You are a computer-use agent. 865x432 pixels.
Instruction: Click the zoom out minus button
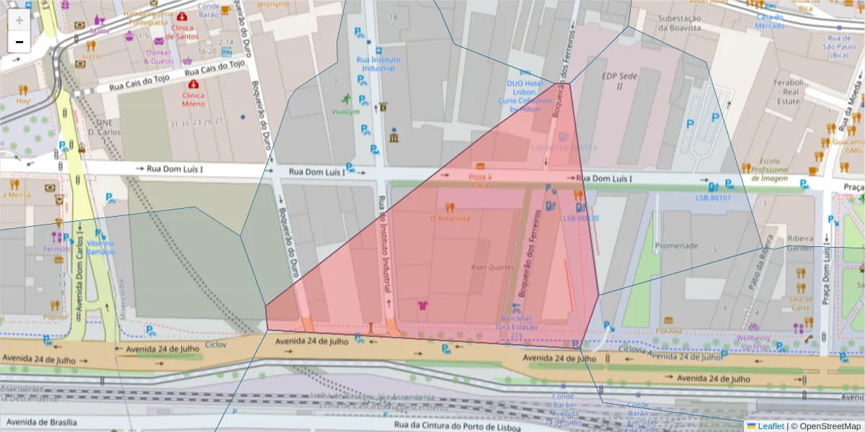point(19,42)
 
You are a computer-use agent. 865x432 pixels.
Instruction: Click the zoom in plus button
point(19,19)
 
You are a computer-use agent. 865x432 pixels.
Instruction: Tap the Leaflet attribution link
point(771,426)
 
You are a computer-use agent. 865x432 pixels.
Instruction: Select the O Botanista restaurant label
point(450,218)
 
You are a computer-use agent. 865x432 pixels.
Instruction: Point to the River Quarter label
point(491,266)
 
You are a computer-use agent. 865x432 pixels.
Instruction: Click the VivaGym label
point(345,112)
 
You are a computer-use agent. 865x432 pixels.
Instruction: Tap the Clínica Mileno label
point(193,99)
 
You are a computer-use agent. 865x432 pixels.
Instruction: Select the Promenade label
point(676,246)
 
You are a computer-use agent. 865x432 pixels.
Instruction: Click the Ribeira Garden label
point(799,243)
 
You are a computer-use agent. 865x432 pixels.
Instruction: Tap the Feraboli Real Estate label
point(791,92)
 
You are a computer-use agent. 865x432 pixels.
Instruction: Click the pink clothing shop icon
point(422,305)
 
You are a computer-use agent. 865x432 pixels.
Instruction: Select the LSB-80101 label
point(713,198)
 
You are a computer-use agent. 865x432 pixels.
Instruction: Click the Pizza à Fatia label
point(479,181)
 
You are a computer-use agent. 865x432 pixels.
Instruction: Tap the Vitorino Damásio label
point(101,248)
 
